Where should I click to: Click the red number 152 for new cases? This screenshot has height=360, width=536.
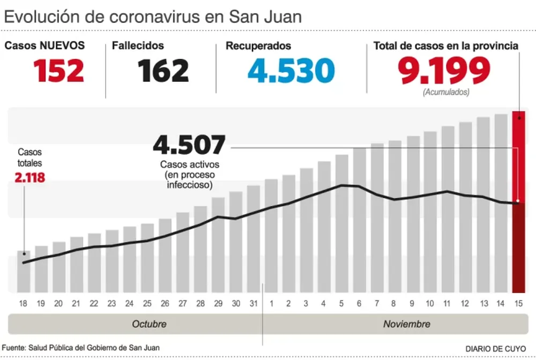click(59, 71)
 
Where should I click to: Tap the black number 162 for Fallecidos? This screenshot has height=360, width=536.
click(164, 71)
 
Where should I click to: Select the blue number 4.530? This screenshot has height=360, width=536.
click(291, 71)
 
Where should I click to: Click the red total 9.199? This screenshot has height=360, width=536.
click(445, 70)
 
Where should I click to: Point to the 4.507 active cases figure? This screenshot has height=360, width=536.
click(189, 145)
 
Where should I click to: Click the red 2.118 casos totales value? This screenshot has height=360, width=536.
click(30, 177)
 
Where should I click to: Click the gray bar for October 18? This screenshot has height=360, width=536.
click(24, 272)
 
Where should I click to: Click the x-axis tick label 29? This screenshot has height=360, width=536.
click(218, 304)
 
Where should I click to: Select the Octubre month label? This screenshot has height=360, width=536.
click(149, 324)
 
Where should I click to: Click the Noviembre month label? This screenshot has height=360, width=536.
click(406, 324)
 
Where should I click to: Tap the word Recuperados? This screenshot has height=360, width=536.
click(258, 46)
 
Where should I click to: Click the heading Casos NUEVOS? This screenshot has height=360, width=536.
click(44, 46)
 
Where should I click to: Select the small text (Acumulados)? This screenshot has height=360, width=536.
click(446, 92)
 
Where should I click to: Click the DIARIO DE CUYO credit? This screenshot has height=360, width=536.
click(496, 348)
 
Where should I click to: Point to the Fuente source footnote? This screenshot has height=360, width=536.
click(80, 348)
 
